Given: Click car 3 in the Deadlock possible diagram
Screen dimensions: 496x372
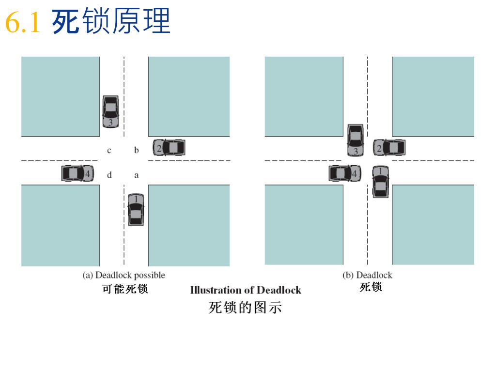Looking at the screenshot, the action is point(110,111).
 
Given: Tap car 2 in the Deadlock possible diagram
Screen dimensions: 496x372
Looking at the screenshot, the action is point(169,147).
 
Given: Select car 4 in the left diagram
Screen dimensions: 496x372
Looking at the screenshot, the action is point(77,173).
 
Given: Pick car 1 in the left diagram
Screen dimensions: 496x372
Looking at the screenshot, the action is point(136,209).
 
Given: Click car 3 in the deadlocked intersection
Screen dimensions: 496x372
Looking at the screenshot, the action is point(356,139).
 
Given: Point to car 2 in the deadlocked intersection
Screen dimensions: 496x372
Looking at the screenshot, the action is point(389,147).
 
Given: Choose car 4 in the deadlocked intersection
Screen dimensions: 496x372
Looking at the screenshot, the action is point(344,173).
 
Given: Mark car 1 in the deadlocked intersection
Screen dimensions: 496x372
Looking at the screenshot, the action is point(381,182).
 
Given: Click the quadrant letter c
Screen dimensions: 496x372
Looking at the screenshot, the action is point(109,151).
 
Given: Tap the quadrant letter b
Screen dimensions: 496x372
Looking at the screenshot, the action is point(137,150).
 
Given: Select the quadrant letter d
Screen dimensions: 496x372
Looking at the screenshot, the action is point(109,175).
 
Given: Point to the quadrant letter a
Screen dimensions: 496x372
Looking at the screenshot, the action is point(137,175).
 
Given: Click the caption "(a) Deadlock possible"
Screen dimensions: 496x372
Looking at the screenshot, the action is point(124,275).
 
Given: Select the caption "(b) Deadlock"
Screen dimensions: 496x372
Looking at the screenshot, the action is point(367,275).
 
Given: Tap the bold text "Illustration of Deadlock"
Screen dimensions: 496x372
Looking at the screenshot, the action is point(246,290).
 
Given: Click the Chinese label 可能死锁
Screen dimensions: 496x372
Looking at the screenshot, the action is point(125,289).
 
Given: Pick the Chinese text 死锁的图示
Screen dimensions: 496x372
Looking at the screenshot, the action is point(245,307).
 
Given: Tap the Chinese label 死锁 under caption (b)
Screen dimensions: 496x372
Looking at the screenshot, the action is point(371,287).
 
